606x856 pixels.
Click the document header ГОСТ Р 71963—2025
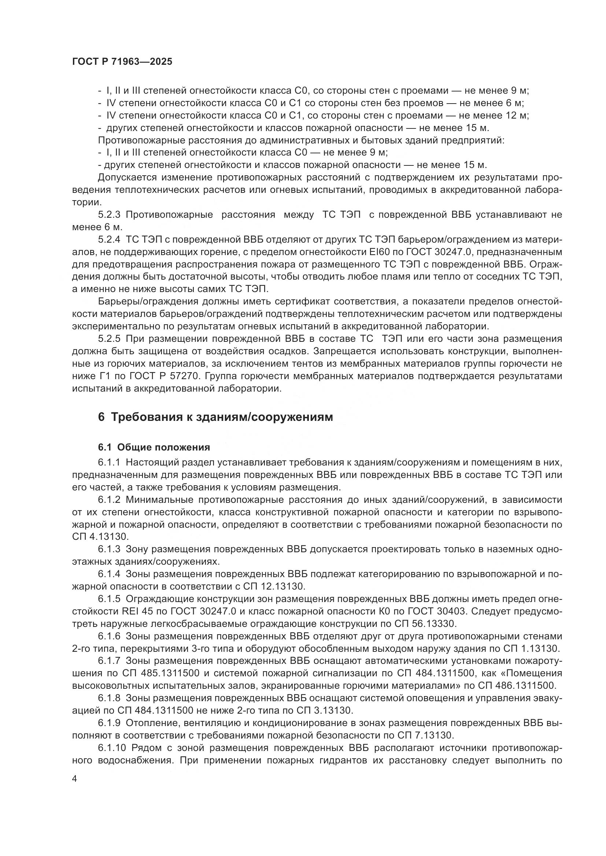coord(122,62)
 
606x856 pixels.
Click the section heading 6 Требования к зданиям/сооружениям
coord(215,417)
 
